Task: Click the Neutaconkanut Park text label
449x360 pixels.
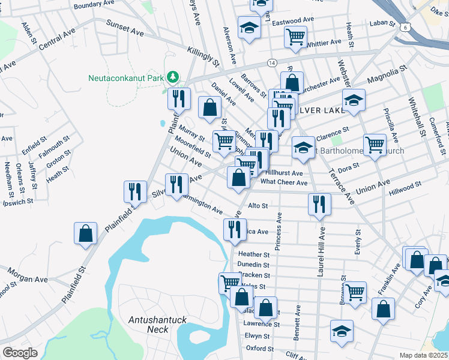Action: (126, 77)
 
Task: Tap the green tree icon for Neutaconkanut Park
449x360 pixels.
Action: (173, 77)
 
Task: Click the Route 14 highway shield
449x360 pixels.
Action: (272, 62)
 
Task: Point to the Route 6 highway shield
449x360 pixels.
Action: (406, 27)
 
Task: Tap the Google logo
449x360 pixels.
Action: (20, 353)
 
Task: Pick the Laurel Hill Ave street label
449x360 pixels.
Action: (322, 251)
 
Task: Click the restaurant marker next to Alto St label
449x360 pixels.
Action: (319, 204)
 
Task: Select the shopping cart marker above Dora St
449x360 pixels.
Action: (375, 144)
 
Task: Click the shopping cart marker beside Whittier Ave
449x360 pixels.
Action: (295, 37)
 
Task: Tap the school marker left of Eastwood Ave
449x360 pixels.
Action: (249, 27)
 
